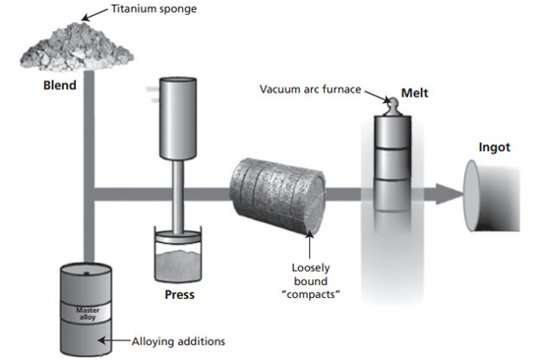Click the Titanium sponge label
tap(153, 9)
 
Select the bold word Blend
tap(60, 86)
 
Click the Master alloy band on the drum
tap(88, 314)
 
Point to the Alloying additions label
tap(178, 341)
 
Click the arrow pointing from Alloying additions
tap(115, 340)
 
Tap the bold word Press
tap(180, 295)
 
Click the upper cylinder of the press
tap(178, 119)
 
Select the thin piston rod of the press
tap(177, 197)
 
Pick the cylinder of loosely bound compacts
tap(277, 196)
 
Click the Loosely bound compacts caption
tap(311, 281)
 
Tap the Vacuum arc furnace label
tap(310, 90)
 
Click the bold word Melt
tap(414, 93)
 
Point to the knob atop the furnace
tap(393, 106)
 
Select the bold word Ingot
tap(494, 148)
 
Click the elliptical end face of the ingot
tap(471, 196)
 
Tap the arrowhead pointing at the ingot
tap(449, 195)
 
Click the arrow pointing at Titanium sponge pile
tap(94, 15)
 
